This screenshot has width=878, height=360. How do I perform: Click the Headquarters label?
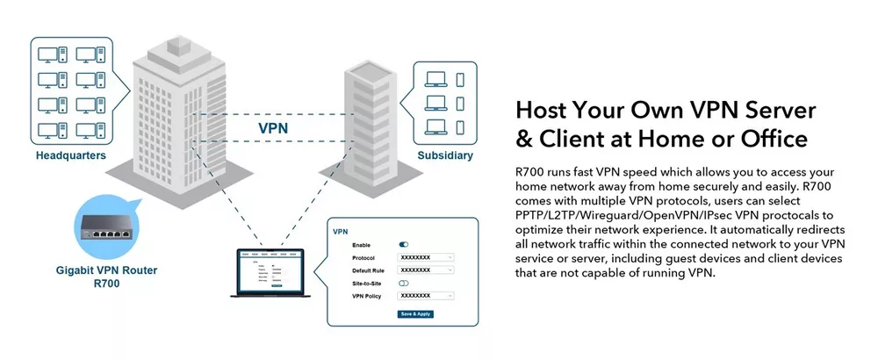[71, 155]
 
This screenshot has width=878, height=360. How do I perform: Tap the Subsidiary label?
[444, 155]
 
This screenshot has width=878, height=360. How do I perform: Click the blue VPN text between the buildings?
[273, 128]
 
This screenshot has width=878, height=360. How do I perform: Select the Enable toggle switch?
[404, 244]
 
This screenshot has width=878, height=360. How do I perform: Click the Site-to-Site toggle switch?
[404, 283]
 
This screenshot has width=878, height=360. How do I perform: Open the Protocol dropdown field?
[426, 257]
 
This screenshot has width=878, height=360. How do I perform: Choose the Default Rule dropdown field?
[426, 270]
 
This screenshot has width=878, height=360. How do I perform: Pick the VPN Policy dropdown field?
[426, 296]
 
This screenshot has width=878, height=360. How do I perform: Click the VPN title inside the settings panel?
[342, 231]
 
